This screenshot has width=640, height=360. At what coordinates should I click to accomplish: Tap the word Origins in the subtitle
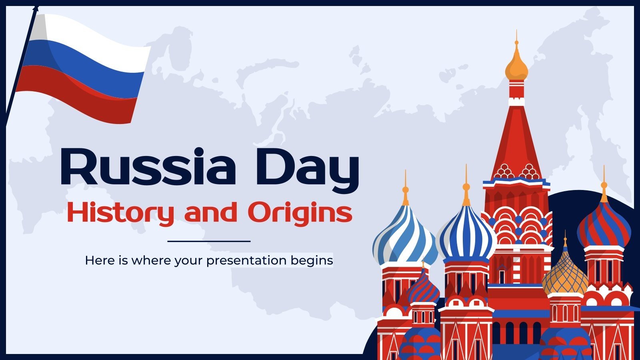(300, 213)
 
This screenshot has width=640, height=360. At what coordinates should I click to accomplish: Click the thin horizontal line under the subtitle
(209, 241)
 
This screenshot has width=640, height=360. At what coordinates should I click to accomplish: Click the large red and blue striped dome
(604, 228)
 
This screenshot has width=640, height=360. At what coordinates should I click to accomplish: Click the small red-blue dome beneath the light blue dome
(423, 288)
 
